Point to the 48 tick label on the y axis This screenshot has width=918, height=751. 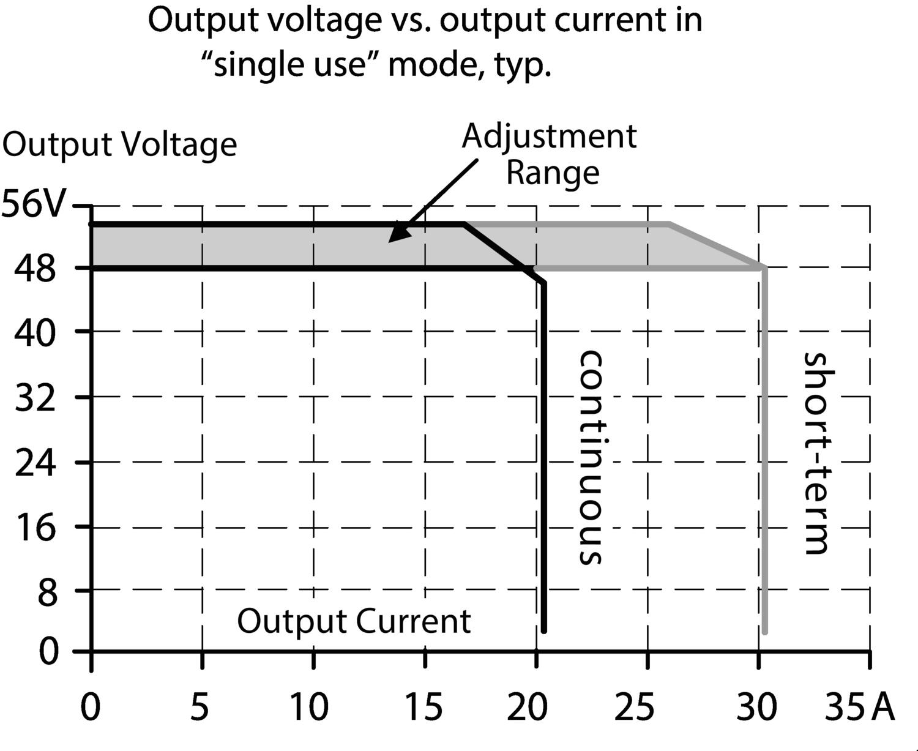point(35,269)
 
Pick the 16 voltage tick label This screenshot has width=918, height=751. point(35,527)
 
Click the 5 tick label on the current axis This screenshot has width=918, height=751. point(200,708)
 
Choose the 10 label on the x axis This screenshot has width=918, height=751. point(308,708)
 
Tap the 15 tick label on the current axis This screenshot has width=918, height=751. point(422,708)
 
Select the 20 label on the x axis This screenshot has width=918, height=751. point(528,708)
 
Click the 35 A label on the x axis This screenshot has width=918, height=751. point(859,708)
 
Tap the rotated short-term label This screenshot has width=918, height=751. point(816,453)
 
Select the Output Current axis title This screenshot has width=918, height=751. point(354,621)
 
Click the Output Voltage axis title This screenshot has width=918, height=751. point(120,145)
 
